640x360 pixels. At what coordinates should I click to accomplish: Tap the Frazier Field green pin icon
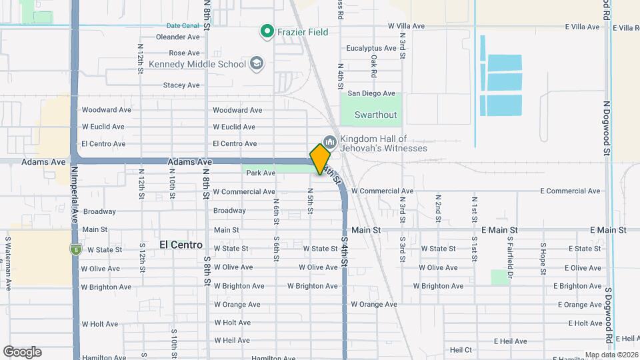[267, 31]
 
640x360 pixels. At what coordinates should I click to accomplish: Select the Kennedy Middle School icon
[257, 64]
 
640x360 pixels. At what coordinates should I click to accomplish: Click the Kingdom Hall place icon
[329, 143]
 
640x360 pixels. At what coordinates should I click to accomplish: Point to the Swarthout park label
[375, 115]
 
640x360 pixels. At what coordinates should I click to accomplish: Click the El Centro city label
[181, 245]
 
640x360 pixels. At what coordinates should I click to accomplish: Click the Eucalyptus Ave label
[372, 48]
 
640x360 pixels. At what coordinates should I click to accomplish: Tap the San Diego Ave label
[371, 93]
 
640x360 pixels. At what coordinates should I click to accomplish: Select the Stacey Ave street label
[181, 85]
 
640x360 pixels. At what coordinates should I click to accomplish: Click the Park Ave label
[261, 173]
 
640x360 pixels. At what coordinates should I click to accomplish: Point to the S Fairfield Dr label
[509, 249]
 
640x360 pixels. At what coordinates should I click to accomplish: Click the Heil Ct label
[461, 349]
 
